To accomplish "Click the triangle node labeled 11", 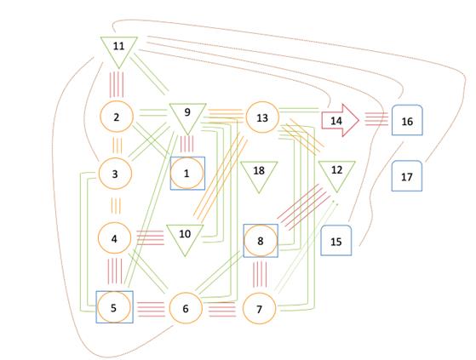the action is coord(119,49).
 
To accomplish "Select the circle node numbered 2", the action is coord(117,117).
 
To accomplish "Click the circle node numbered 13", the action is coord(262,117).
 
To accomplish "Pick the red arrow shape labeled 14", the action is coord(340,120).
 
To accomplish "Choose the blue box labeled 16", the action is coord(407,120).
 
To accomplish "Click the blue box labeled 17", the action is coord(407,176).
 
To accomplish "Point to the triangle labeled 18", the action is coord(259,174).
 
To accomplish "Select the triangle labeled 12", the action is coord(336,174).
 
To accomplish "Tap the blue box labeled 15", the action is coord(336,240).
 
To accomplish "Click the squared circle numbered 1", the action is coord(187,173).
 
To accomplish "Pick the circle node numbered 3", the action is coord(115,174).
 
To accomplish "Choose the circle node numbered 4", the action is coord(114,238).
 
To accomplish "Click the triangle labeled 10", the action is coord(185,237).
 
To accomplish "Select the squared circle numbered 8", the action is coord(261,241).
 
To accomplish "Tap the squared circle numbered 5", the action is coord(114,307).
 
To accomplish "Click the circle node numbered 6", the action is coord(186,308).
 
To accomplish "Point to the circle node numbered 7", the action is coord(259,309).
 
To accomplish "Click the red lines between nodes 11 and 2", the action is coord(117,84).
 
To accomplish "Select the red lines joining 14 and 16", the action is coord(376,119).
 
